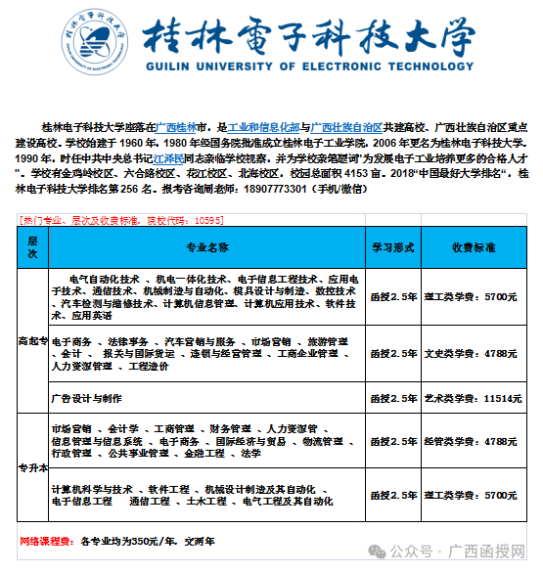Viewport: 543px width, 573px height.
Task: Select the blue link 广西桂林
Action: [177, 128]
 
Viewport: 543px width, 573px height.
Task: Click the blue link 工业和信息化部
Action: [263, 128]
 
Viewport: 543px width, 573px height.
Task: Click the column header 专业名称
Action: [207, 247]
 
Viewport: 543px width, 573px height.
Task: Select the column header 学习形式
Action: [396, 247]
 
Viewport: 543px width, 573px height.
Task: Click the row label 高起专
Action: [32, 341]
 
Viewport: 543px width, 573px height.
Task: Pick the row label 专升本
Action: [32, 467]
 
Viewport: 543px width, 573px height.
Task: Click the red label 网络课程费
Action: [46, 540]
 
